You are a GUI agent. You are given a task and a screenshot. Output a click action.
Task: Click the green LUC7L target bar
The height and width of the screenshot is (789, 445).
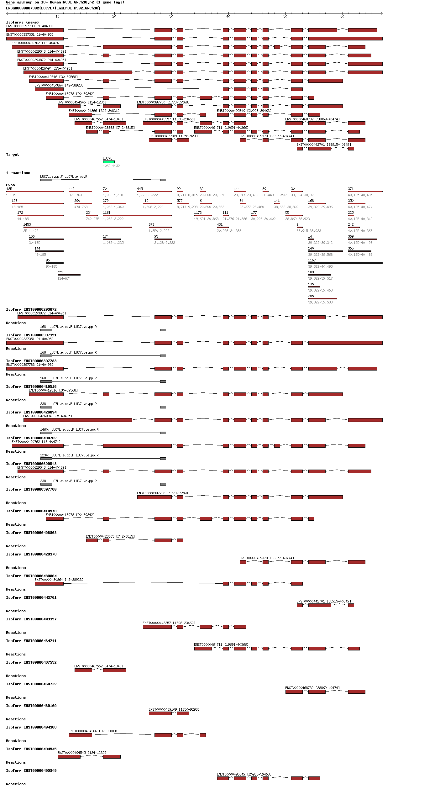coord(109,162)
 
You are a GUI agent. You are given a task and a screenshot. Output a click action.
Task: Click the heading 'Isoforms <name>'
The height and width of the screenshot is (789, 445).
coord(22,22)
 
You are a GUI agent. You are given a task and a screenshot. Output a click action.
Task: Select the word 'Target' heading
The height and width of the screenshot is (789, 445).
coord(13,155)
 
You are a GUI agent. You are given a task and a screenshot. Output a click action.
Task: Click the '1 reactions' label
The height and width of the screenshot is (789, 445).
coord(18,173)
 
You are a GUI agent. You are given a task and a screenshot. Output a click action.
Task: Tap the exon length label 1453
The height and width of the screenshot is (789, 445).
coord(27,224)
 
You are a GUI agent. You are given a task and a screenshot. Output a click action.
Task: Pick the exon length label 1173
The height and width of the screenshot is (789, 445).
coord(198,213)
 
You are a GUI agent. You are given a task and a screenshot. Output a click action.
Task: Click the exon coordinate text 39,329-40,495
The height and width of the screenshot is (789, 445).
coord(320,266)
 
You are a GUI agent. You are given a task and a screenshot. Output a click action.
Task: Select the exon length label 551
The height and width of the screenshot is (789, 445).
coord(60,272)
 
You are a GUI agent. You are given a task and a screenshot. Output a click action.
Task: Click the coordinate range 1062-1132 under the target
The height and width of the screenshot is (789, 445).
coord(111,166)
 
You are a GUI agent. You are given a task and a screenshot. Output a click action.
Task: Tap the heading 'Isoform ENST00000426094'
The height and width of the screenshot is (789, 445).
coord(31,412)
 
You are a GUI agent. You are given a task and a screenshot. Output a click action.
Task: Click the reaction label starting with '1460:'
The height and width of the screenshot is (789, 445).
coord(69,429)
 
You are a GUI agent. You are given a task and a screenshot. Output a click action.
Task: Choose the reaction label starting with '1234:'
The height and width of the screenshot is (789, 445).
coord(69,455)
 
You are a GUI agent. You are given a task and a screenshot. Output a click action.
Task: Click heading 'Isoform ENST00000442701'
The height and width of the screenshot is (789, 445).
coord(31,597)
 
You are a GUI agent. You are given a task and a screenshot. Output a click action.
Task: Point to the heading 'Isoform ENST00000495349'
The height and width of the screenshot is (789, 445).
coord(31,771)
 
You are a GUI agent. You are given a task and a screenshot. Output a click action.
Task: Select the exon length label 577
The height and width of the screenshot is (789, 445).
coord(180,201)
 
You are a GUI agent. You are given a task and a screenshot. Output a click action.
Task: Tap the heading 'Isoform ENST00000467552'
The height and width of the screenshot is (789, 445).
coord(31,662)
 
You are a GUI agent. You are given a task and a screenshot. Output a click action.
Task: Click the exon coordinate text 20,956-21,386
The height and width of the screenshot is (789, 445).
coord(229,231)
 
